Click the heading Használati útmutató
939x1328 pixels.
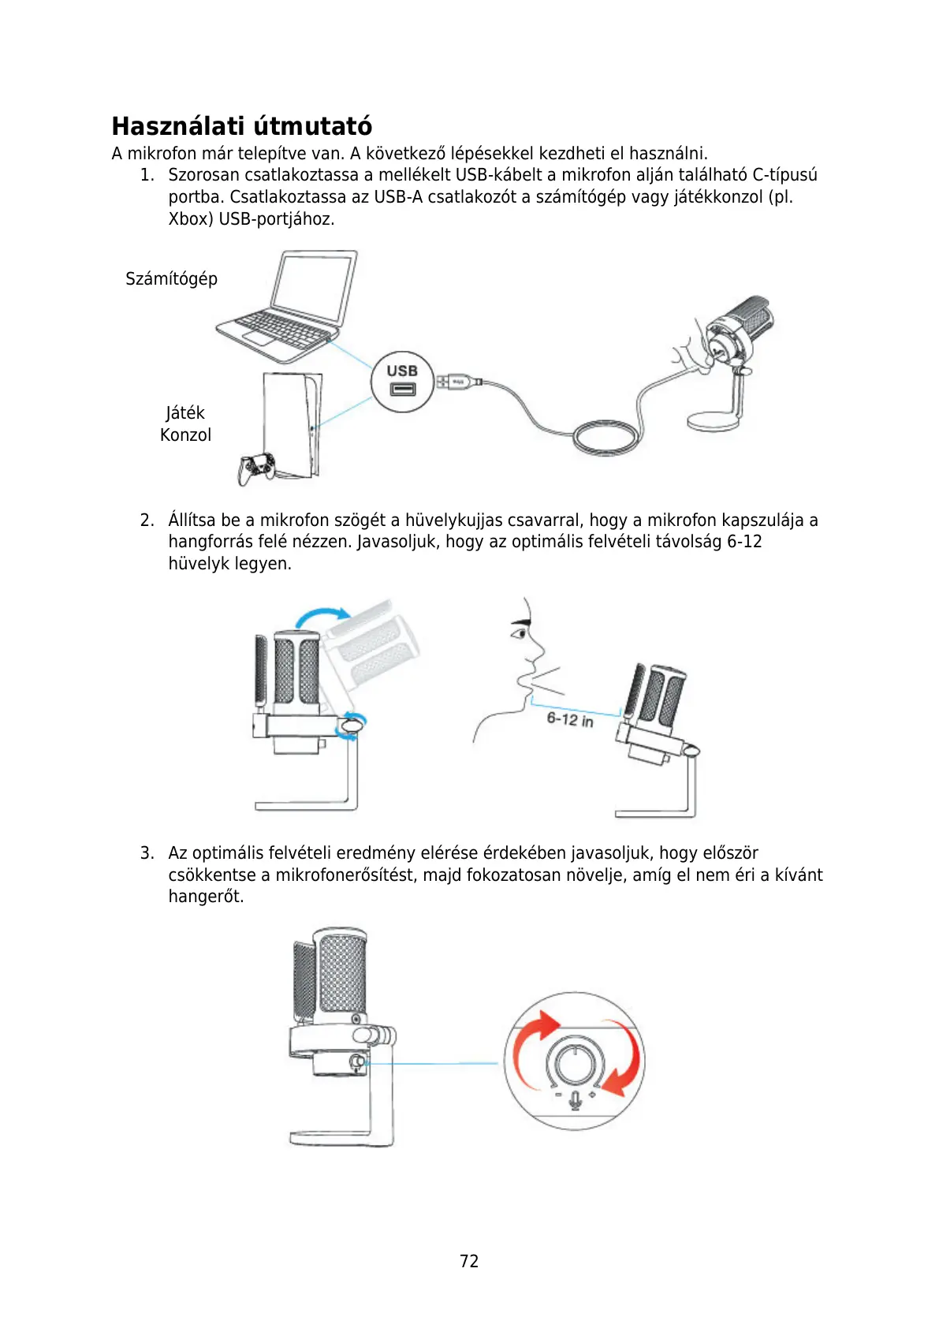pos(241,126)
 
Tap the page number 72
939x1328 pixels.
pos(469,1261)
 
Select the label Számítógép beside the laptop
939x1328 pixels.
pos(171,279)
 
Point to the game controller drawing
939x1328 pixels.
pos(256,468)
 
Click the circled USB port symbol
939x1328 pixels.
pos(402,382)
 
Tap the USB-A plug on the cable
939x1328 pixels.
pos(455,382)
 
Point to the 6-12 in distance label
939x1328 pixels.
pos(570,719)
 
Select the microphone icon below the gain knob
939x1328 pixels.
pos(576,1099)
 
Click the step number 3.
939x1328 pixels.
pos(147,853)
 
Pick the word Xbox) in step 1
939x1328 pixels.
pos(191,219)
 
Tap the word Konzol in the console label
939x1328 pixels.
pos(185,435)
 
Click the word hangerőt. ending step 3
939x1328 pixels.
pos(206,897)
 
